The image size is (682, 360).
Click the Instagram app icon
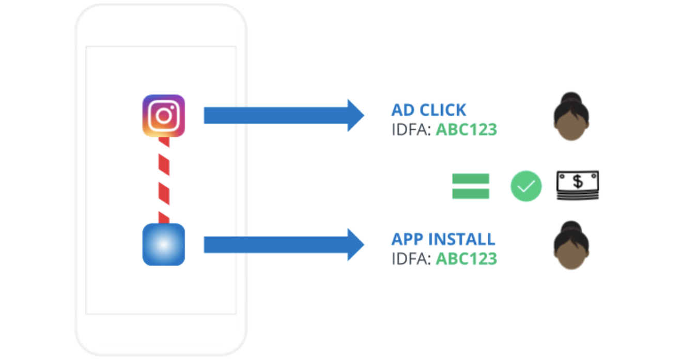163,116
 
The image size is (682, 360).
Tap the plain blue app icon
163,245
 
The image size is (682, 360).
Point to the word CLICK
443,110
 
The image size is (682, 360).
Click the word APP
407,239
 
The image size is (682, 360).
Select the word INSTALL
462,239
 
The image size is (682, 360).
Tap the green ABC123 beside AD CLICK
467,130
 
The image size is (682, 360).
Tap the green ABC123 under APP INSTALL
467,259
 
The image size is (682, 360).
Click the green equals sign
471,186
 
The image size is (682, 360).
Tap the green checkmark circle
526,186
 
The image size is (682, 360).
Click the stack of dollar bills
578,185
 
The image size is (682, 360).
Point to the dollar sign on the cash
578,181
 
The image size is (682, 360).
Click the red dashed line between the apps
164,180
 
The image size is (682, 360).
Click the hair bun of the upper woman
571,98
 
